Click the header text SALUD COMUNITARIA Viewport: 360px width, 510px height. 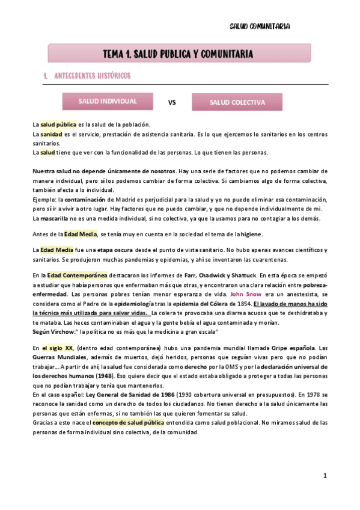tap(260, 26)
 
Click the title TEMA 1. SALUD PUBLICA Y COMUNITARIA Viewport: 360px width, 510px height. tap(178, 54)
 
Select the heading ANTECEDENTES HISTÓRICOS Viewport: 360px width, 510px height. tap(92, 76)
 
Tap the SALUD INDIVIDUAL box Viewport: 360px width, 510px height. tap(107, 101)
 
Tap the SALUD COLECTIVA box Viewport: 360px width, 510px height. tap(237, 102)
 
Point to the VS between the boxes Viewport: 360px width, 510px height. tap(172, 102)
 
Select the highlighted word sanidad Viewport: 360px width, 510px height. tap(51, 134)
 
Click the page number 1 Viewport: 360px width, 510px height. tap(325, 475)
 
